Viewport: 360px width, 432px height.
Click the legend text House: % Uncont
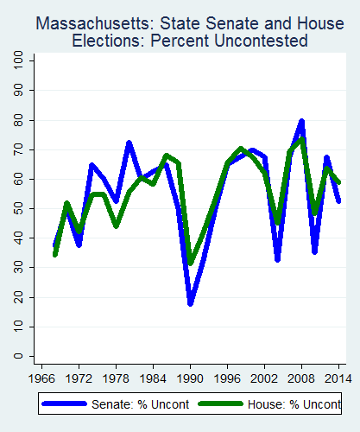pos(291,404)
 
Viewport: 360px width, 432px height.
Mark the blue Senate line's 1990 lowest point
pos(191,302)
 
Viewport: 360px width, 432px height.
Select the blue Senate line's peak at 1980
pos(129,143)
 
